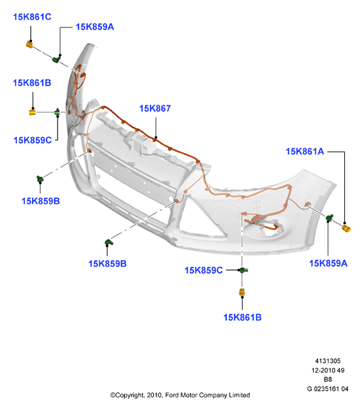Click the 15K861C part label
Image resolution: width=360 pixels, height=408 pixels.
coord(32,17)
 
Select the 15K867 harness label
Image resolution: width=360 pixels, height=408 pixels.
coord(155,109)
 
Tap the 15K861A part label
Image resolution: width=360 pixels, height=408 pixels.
coord(305,151)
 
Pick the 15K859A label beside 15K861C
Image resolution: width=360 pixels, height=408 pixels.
coord(95,27)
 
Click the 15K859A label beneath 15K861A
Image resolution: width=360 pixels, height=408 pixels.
coord(328,263)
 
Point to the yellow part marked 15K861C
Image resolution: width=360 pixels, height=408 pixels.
coord(29,44)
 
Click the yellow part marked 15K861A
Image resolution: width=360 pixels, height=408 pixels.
coord(346,228)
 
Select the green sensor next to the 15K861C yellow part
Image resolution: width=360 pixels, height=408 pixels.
coord(56,59)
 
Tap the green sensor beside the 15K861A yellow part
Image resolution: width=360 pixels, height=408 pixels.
coord(329,218)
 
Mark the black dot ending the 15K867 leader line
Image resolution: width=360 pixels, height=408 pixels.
coord(156,137)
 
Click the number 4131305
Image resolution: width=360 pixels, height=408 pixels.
coord(328,361)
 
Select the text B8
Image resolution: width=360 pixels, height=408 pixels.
coord(328,379)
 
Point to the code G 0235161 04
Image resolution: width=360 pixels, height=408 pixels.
coord(328,389)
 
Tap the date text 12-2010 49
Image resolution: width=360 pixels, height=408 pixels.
coord(328,370)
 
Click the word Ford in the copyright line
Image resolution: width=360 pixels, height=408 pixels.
coord(172,395)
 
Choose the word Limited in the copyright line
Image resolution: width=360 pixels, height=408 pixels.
coord(239,395)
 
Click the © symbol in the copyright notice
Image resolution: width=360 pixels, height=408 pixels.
coord(113,395)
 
